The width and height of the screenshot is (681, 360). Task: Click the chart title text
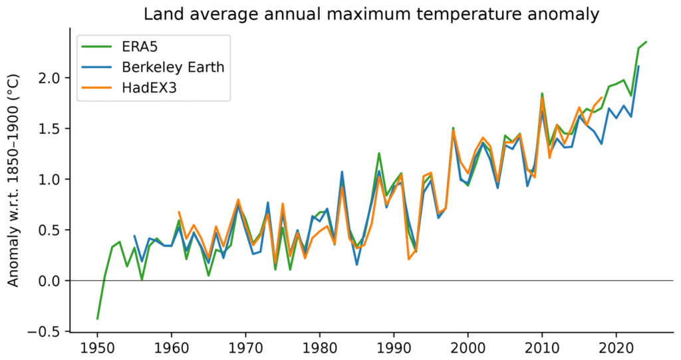coord(372,14)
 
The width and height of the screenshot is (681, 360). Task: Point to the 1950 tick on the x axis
coord(97,347)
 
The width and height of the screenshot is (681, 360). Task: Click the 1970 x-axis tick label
coord(245,347)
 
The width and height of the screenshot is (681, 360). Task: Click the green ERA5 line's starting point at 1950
coord(98,319)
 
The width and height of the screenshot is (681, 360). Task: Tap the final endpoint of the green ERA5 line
coord(646,42)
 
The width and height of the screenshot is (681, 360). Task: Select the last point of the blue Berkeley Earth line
coord(638,67)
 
